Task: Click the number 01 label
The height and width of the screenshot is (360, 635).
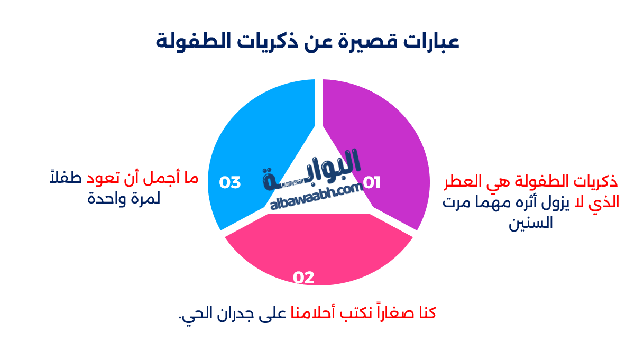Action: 372,183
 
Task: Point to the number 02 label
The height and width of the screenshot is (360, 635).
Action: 304,278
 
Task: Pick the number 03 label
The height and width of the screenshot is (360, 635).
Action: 230,183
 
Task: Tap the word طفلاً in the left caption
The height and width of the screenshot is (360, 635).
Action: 62,179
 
